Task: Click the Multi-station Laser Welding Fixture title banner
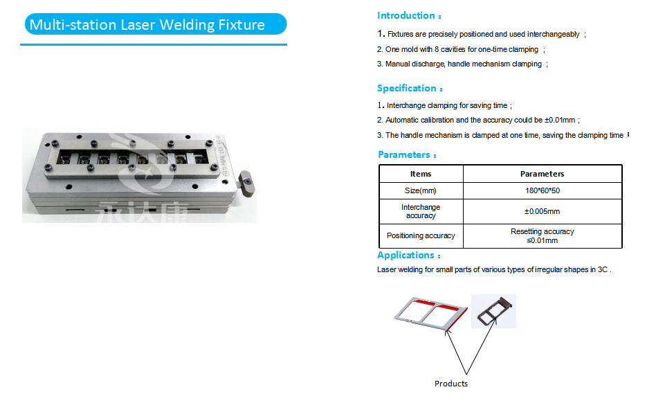click(154, 25)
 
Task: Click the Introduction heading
click(407, 15)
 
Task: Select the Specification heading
click(408, 88)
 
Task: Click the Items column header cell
click(421, 174)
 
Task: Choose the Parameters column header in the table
click(542, 174)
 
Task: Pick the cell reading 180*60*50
click(542, 190)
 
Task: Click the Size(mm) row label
click(421, 190)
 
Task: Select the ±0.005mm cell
click(542, 211)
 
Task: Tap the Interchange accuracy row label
click(421, 211)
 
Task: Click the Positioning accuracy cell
click(421, 235)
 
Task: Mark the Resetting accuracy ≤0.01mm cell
click(542, 235)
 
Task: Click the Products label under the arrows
click(451, 384)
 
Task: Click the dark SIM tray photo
click(493, 311)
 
